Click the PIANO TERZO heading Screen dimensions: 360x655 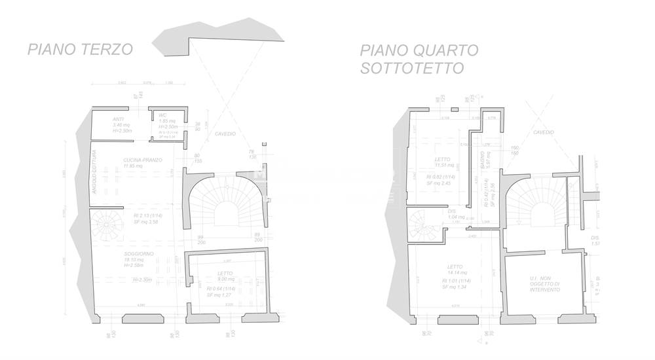pyautogui.click(x=79, y=49)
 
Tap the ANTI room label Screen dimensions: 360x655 pyautogui.click(x=118, y=119)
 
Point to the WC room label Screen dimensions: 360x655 pyautogui.click(x=162, y=116)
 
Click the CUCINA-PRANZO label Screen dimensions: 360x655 pyautogui.click(x=142, y=160)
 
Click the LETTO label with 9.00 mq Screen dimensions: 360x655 pyautogui.click(x=225, y=274)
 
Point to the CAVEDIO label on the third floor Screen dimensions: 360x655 pyautogui.click(x=225, y=134)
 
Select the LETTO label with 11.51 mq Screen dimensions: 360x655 pyautogui.click(x=443, y=159)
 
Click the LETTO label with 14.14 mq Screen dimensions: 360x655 pyautogui.click(x=455, y=266)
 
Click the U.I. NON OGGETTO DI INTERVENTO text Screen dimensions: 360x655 pyautogui.click(x=544, y=284)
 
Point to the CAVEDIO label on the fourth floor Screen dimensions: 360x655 pyautogui.click(x=543, y=132)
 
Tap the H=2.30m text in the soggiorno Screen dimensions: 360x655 pyautogui.click(x=142, y=279)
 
